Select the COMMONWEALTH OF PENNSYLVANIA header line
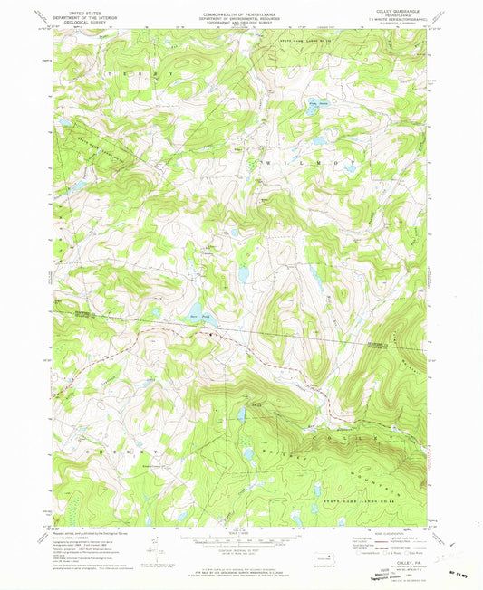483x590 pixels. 239,11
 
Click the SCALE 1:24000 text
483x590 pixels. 239,530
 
